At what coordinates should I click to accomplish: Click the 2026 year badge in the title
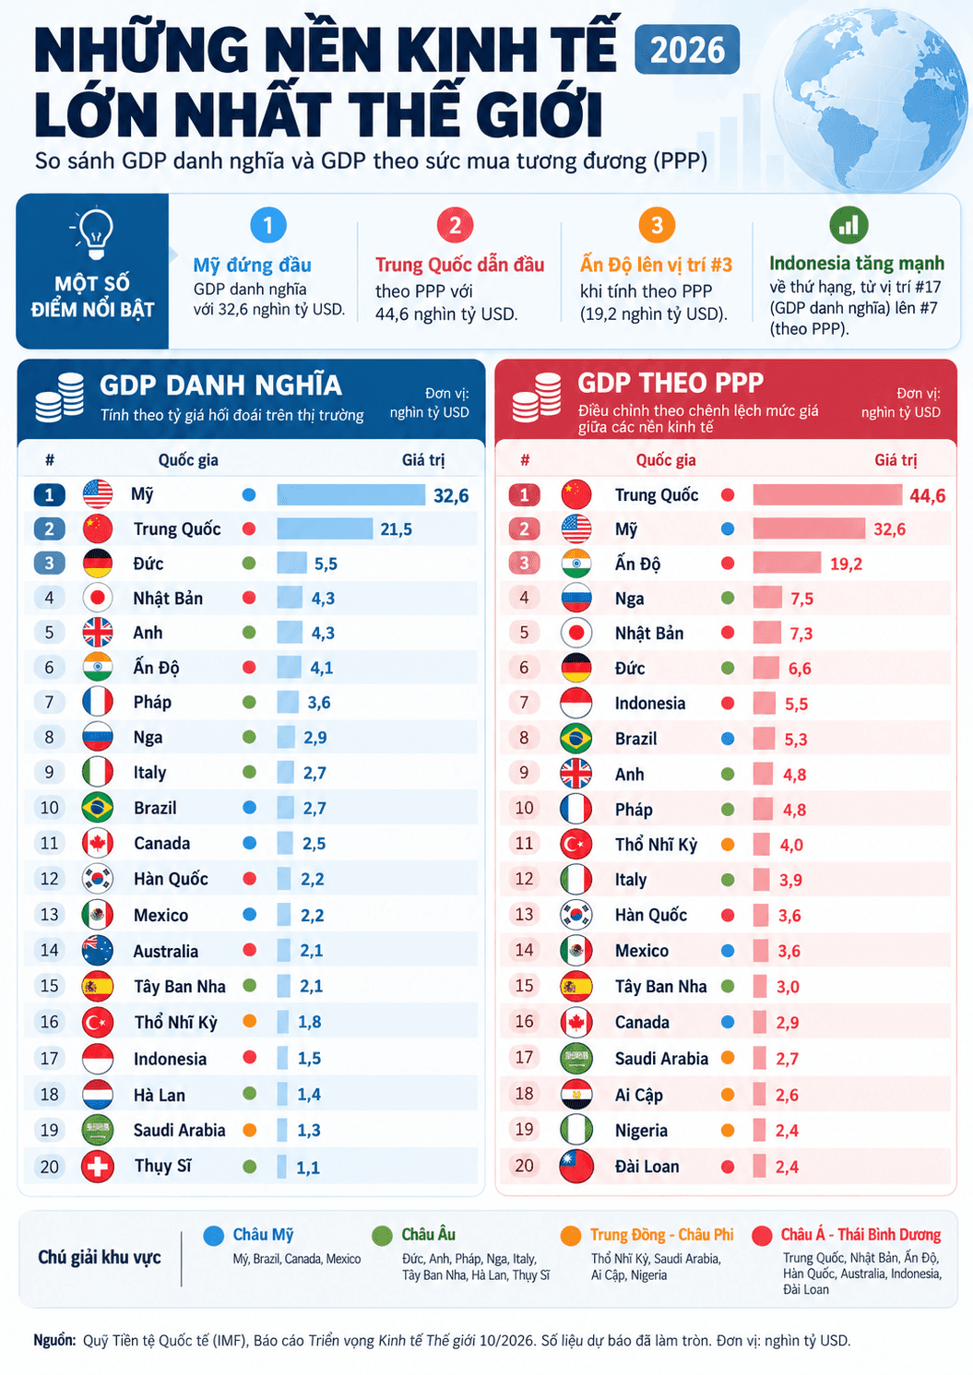[x=687, y=50]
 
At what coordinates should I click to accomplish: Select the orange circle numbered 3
[x=657, y=225]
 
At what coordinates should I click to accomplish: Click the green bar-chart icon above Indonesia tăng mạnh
[x=848, y=225]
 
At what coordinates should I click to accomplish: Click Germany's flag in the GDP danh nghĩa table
[x=98, y=563]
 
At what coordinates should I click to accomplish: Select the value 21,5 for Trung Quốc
[x=396, y=529]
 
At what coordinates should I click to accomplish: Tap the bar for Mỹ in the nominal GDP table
[x=350, y=494]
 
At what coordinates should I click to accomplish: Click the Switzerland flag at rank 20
[x=98, y=1167]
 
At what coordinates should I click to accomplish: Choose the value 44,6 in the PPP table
[x=927, y=495]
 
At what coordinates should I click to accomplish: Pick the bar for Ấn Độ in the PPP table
[x=787, y=563]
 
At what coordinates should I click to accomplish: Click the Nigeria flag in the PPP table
[x=575, y=1130]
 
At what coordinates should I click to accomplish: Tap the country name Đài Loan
[x=647, y=1167]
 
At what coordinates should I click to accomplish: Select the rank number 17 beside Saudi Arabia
[x=524, y=1057]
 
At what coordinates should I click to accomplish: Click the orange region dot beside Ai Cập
[x=728, y=1094]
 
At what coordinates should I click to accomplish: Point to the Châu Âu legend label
[x=428, y=1235]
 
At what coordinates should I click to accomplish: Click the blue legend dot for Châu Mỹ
[x=214, y=1236]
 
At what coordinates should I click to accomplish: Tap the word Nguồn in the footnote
[x=54, y=1340]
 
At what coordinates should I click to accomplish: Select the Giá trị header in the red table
[x=896, y=460]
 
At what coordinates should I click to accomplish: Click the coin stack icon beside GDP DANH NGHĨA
[x=60, y=397]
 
